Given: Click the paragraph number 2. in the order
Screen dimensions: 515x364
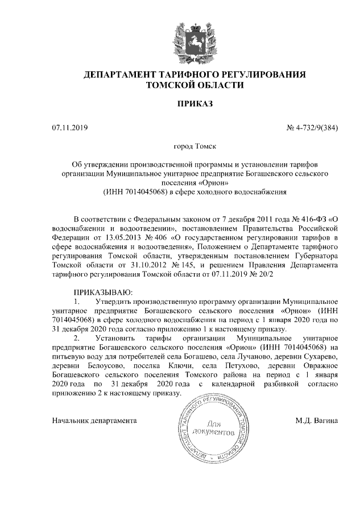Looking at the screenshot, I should tap(78, 337).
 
